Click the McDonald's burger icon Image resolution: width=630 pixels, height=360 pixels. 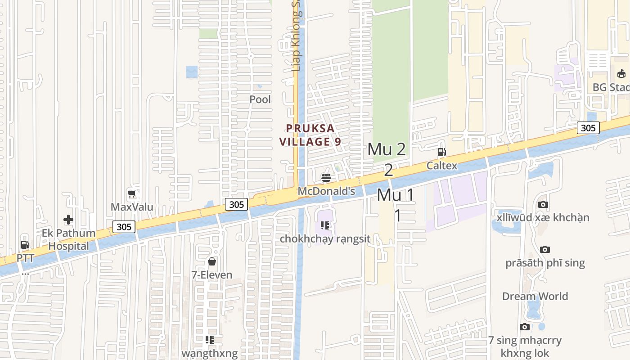click(326, 178)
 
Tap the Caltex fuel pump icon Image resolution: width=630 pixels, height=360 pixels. click(441, 152)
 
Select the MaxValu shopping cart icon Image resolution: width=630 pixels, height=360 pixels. click(132, 194)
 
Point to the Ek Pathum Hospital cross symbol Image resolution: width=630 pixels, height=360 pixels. click(68, 220)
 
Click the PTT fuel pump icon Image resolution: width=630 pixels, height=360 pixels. click(25, 245)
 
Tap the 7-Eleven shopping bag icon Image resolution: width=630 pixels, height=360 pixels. click(212, 261)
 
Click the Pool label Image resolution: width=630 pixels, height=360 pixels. click(260, 99)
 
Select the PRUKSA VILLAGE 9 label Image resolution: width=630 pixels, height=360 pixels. click(310, 135)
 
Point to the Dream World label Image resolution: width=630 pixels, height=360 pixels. click(535, 296)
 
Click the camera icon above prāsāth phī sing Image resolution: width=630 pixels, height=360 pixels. click(545, 249)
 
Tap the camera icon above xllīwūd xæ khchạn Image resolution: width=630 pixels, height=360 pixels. click(543, 205)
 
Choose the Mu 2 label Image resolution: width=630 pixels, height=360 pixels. click(387, 149)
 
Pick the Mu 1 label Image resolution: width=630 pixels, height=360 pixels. click(395, 195)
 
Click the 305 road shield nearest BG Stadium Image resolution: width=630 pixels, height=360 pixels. click(588, 128)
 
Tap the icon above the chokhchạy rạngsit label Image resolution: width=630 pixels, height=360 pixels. click(325, 225)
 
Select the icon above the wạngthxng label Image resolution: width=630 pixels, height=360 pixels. click(209, 339)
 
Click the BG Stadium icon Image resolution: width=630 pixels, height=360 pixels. click(621, 73)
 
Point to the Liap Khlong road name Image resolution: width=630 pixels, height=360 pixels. click(296, 45)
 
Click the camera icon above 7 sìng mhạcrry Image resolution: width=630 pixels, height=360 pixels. click(524, 327)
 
